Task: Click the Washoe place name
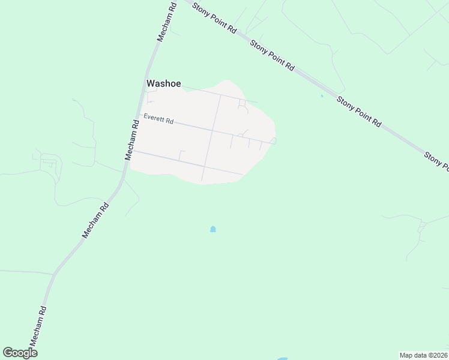click(164, 84)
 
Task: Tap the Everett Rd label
click(158, 119)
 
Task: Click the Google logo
click(20, 353)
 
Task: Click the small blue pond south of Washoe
click(212, 229)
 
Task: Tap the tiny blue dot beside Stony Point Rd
click(322, 95)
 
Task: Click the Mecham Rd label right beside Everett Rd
click(132, 139)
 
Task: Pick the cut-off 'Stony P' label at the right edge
click(436, 159)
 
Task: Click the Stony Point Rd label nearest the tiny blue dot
click(358, 112)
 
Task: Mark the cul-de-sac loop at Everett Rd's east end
click(273, 141)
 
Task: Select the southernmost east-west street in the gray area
click(186, 162)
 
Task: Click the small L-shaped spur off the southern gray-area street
click(181, 153)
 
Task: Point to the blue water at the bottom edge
click(282, 358)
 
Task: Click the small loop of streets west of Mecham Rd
click(49, 162)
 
